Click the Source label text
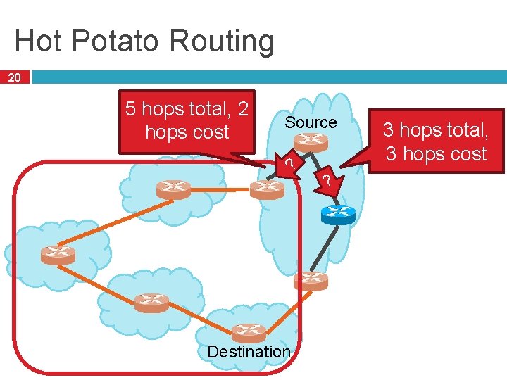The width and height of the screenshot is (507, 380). coord(311,122)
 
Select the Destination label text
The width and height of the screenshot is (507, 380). coord(249,351)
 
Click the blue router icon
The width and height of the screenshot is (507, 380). coord(338,214)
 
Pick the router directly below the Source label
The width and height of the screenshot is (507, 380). coord(311,143)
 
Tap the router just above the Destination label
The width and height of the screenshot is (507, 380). coord(249,331)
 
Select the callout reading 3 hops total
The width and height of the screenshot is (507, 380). coord(434,141)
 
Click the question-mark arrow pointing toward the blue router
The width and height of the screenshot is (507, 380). coord(327,181)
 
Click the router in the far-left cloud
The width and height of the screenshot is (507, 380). coord(58,254)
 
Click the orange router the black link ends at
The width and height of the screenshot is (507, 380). coord(311,280)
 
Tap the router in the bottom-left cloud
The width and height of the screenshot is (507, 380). coord(151,303)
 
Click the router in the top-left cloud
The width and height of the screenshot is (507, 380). coord(173,189)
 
